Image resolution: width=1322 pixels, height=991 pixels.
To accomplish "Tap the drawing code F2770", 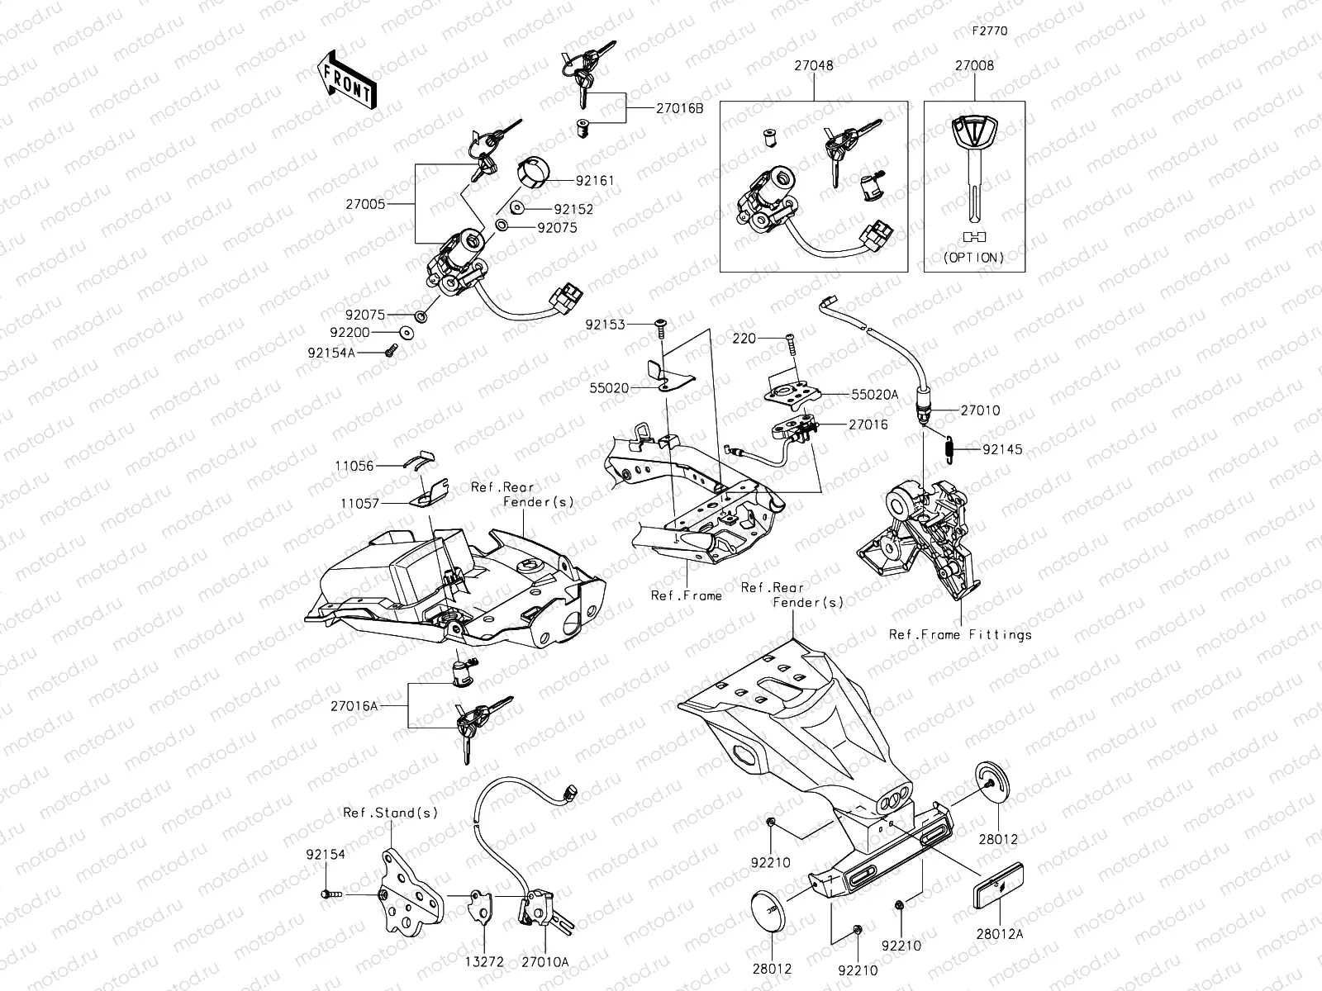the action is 989,31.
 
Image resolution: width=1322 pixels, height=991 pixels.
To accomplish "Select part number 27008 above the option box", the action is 975,66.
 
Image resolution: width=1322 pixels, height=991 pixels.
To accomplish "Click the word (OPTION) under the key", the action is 974,258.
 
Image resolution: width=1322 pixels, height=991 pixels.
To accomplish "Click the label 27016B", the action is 680,108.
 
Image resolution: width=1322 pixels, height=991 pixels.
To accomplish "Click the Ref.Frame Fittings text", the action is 960,635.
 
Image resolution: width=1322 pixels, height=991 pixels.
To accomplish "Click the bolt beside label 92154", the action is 330,894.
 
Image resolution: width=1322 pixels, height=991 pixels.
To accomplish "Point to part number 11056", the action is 354,467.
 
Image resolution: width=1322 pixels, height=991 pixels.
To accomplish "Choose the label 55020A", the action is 874,395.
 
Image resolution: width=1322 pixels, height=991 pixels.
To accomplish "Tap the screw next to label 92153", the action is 661,328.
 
